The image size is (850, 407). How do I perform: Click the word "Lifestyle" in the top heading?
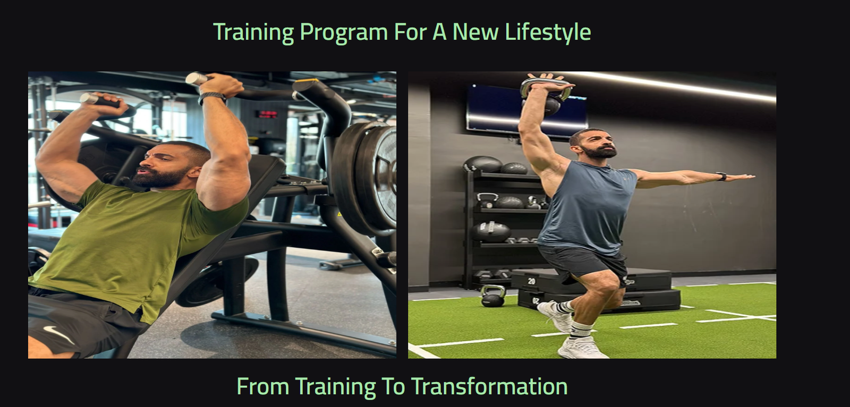(x=548, y=32)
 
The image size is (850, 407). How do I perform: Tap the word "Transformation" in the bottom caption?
(x=489, y=386)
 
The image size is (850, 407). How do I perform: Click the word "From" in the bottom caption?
(x=263, y=386)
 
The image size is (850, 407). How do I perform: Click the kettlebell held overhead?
(x=545, y=96)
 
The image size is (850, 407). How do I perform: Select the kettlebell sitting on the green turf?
(x=492, y=296)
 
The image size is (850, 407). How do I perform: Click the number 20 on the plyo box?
(x=531, y=281)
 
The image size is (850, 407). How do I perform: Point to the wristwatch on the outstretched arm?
(x=721, y=176)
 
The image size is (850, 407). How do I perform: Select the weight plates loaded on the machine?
(x=366, y=178)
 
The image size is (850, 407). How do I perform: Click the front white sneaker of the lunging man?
(x=581, y=348)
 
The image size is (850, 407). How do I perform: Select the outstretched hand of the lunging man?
(x=741, y=177)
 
